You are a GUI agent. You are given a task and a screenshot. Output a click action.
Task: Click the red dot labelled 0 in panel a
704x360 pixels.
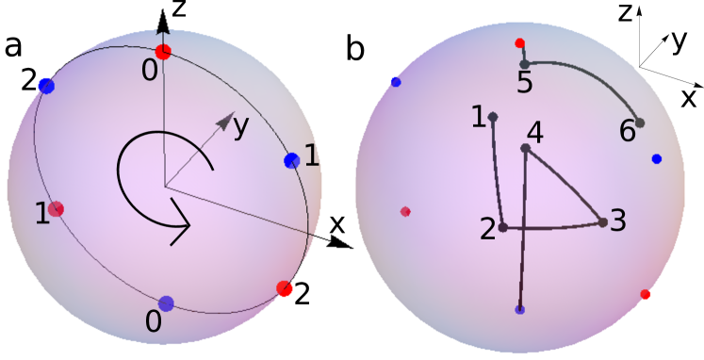[x=163, y=51]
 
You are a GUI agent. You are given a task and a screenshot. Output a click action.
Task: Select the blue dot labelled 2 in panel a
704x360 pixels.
[x=47, y=87]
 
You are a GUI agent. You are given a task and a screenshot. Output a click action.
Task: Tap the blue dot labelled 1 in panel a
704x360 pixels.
[x=291, y=160]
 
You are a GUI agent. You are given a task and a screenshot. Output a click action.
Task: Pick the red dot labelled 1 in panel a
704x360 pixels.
[x=57, y=208]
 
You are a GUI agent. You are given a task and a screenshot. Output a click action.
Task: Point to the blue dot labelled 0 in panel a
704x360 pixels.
[x=167, y=303]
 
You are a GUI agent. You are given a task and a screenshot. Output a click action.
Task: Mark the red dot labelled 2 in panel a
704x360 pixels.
[x=284, y=288]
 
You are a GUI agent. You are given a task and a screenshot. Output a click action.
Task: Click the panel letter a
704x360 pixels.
[x=13, y=45]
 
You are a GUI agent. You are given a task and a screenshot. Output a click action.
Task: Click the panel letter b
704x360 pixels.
[x=355, y=49]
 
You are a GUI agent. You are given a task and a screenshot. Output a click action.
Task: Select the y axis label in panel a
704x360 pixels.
[x=242, y=125]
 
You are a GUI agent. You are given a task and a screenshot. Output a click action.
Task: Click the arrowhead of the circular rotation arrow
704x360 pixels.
[x=183, y=226]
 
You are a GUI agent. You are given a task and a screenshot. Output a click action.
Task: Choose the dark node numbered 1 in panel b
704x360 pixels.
[x=493, y=117]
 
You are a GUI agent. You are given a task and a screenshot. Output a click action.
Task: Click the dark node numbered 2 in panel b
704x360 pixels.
[x=503, y=227]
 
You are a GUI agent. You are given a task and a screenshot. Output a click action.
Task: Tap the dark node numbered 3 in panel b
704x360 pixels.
[x=602, y=222]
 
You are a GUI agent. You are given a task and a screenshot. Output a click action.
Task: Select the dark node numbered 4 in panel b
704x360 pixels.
[x=526, y=148]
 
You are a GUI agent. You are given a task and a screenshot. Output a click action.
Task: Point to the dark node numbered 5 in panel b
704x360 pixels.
[x=525, y=64]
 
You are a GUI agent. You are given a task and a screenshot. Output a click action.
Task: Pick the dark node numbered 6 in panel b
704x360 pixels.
[x=640, y=123]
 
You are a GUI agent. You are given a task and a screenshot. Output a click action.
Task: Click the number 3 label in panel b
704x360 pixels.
[x=618, y=221]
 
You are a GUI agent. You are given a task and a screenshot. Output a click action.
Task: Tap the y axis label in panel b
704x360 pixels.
[x=678, y=42]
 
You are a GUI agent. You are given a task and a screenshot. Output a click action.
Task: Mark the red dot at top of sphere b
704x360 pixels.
[x=519, y=42]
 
